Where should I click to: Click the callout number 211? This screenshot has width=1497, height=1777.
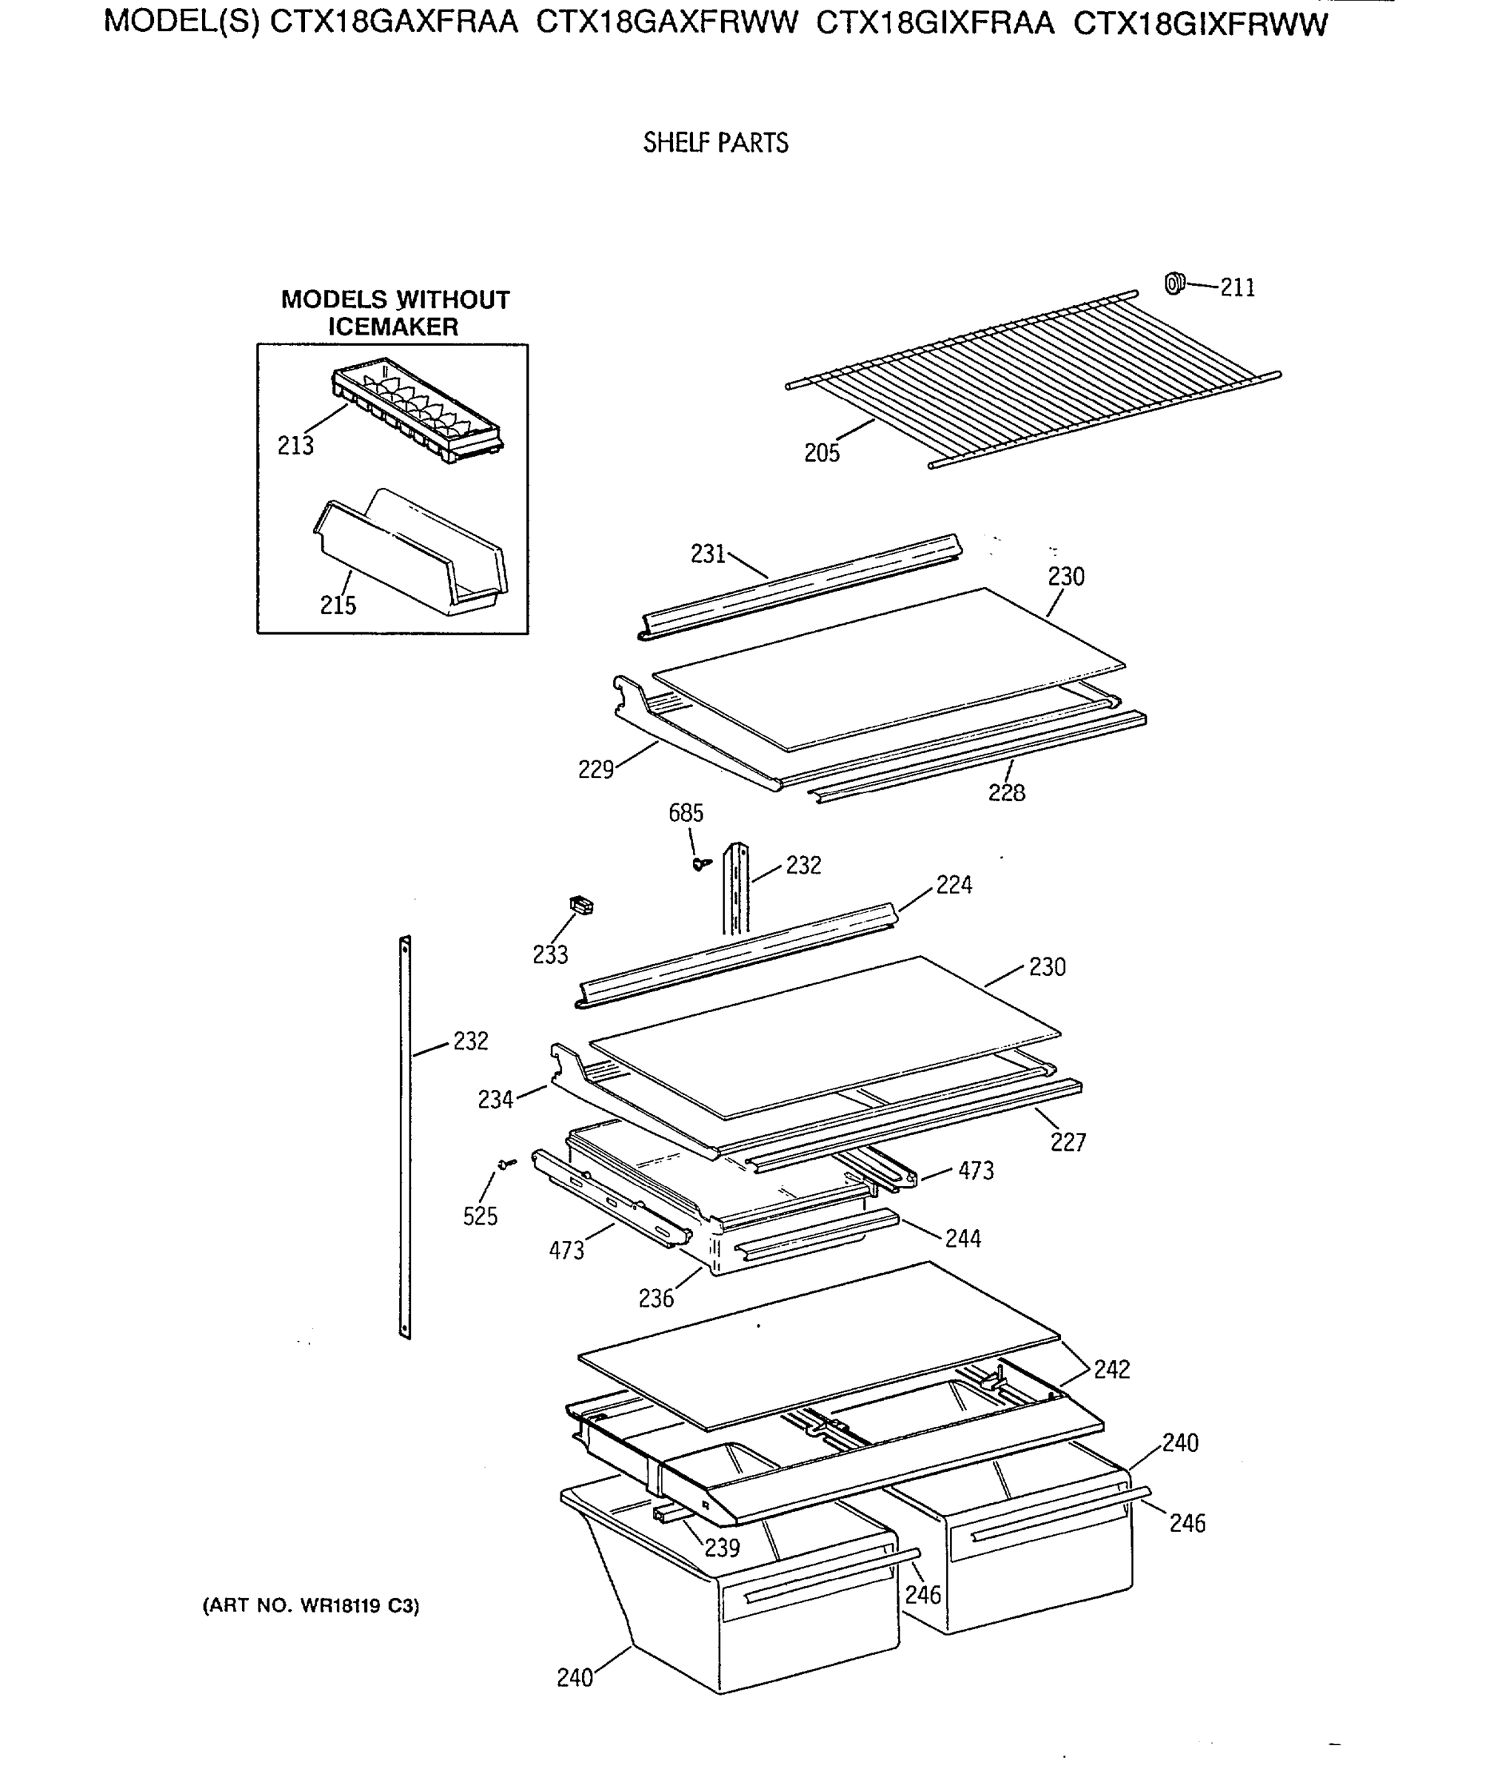coord(1237,289)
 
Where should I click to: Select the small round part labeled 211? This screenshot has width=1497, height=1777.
coord(1174,283)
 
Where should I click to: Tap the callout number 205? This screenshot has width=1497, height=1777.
coord(822,453)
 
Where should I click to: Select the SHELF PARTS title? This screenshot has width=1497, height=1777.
coord(715,143)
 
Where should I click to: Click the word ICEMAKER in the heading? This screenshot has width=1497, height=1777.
coord(393,327)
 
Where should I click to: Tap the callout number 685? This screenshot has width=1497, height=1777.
coord(686,813)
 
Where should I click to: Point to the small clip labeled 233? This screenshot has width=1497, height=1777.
coord(581,906)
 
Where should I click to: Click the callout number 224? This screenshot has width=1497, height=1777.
coord(954,885)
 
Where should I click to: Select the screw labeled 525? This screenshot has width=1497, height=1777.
coord(506,1163)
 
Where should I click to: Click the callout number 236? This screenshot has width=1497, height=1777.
coord(656,1299)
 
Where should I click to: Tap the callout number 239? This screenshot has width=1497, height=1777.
coord(722,1548)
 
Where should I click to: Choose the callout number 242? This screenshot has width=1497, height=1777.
coord(1112,1370)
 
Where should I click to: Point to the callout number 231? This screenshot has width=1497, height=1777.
coord(708,554)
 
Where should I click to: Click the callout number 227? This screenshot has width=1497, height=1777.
coord(1068,1142)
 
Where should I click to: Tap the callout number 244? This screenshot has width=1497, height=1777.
coord(963,1239)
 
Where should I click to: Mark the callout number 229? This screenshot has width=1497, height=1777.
coord(596,770)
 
